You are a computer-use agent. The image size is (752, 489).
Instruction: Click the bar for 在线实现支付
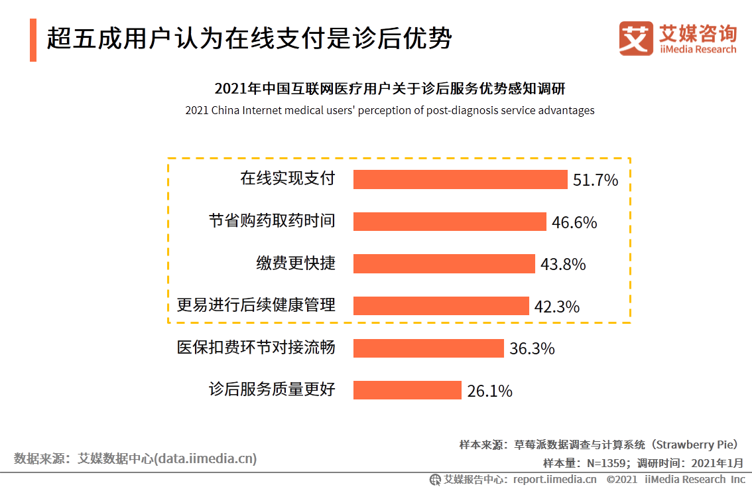coord(460,179)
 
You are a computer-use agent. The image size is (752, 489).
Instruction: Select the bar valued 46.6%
coord(450,222)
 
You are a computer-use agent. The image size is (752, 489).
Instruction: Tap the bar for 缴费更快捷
coord(444,263)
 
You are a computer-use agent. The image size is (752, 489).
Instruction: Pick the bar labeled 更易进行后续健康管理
coord(441,305)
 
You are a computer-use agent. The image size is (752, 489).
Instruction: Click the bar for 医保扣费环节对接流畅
coord(428,348)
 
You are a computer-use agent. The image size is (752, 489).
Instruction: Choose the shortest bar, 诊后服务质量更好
coord(407,389)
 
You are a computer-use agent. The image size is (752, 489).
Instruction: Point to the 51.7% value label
coord(595,180)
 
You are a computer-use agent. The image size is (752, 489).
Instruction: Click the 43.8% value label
coord(563,264)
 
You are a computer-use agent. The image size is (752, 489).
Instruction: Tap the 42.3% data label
coord(557,307)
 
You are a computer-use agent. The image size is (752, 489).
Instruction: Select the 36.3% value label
coord(532,348)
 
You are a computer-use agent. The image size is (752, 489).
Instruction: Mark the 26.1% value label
coord(489,391)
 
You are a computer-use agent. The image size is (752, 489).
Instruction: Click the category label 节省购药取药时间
coord(272,221)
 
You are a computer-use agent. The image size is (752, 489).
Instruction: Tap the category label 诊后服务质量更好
coord(272,389)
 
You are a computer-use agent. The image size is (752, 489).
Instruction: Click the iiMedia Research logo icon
coord(636,38)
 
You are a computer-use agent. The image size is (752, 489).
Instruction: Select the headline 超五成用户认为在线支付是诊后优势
coord(249,38)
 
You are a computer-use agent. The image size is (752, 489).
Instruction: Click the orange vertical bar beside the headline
coord(33,40)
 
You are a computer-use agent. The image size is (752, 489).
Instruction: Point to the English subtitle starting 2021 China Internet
coord(390,110)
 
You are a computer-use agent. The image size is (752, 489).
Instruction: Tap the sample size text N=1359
coord(606,462)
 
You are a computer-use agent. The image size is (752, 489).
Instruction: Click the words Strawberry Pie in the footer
coord(694,445)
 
